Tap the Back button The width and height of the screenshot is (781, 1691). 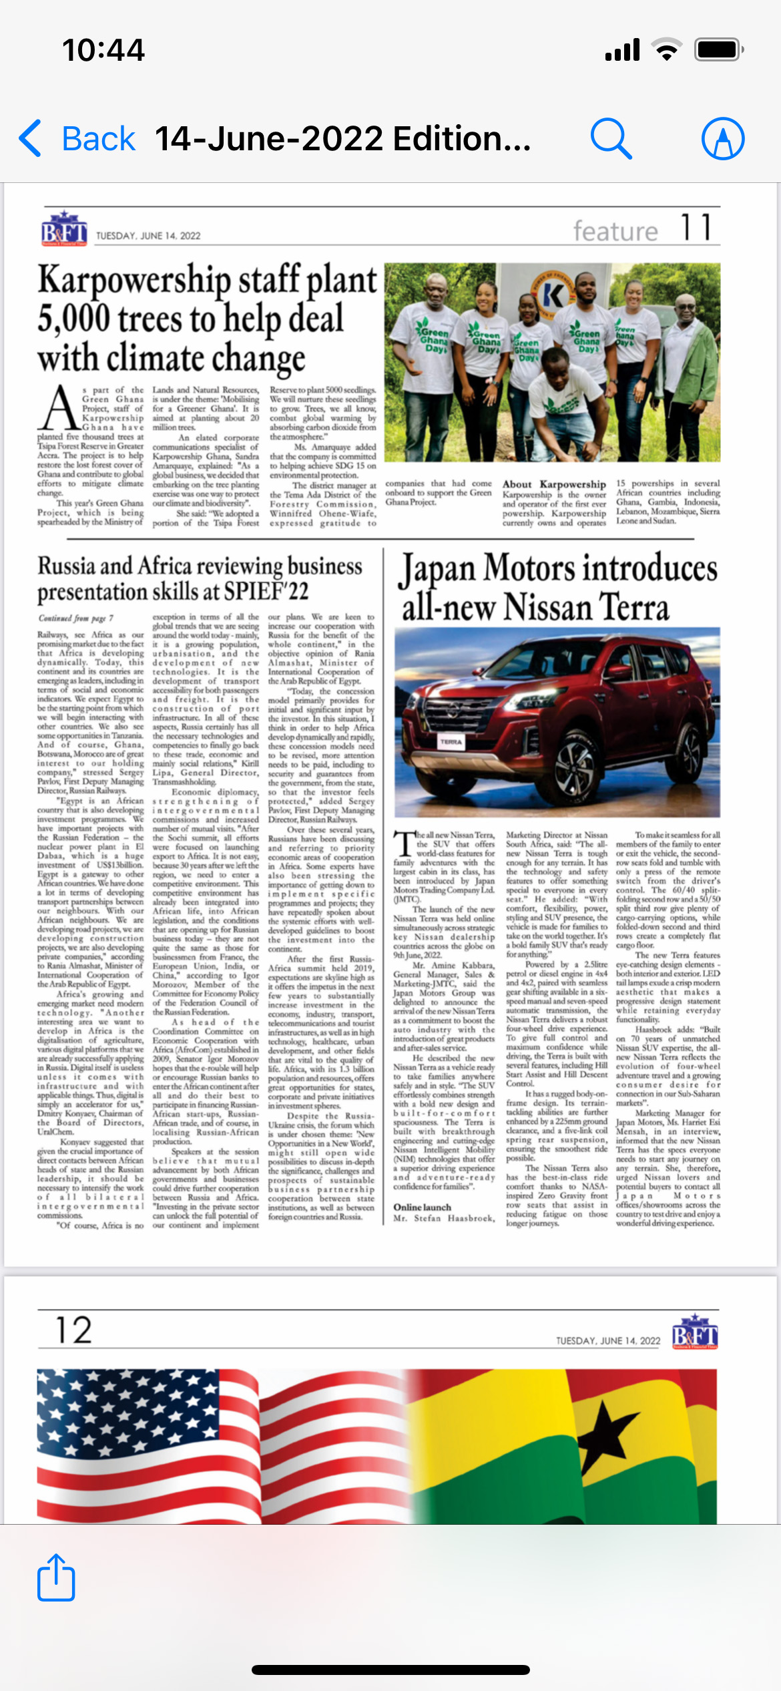coord(77,139)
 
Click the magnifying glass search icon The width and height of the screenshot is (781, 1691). coord(611,139)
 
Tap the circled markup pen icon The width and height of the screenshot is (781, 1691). coord(723,139)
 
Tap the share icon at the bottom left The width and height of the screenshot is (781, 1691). coord(56,1577)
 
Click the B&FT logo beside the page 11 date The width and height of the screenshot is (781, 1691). coord(64,230)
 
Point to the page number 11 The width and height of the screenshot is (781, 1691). coord(696,228)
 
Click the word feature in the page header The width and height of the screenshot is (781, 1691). coord(615,231)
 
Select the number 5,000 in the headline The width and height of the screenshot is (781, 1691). coord(73,319)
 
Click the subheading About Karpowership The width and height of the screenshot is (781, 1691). coord(554,484)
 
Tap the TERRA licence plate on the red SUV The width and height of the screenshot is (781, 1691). coord(451,742)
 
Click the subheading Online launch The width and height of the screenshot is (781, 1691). coord(422,1207)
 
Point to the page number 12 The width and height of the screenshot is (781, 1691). coord(73,1330)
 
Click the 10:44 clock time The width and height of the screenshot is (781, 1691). coord(103,50)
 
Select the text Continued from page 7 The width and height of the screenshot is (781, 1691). coord(75,618)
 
